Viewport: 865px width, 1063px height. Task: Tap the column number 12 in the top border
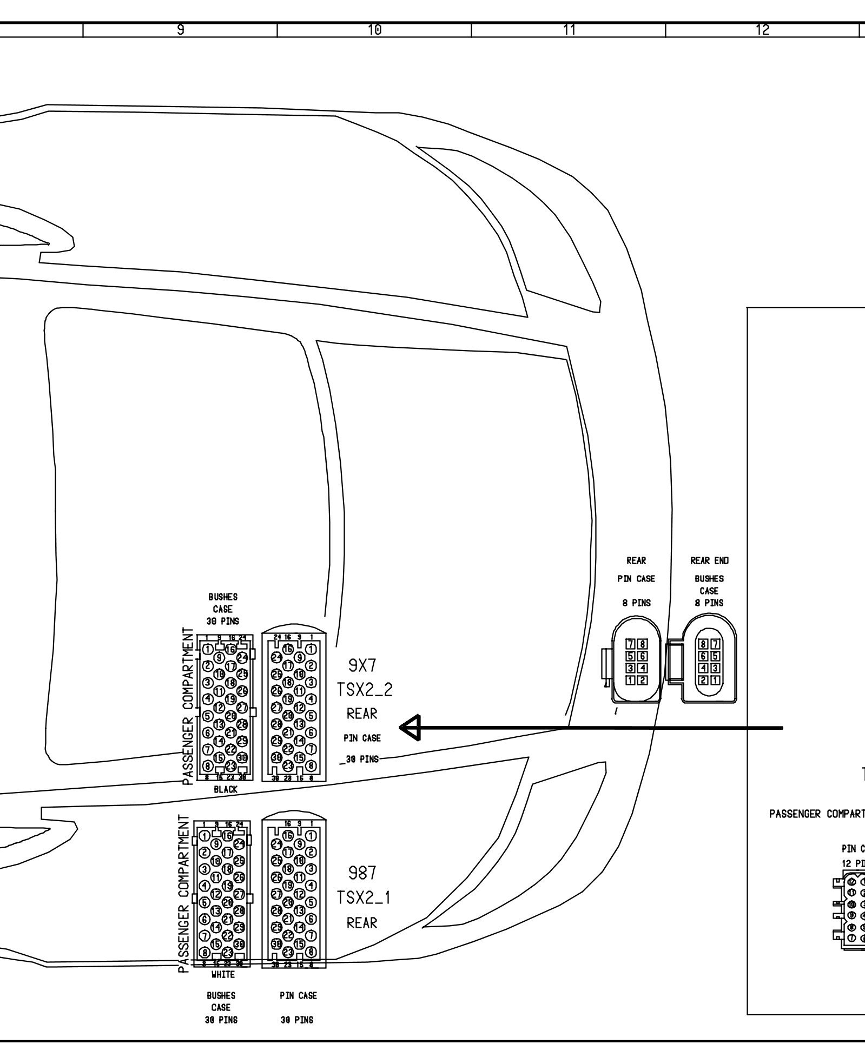coord(763,30)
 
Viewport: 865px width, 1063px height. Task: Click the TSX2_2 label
coord(365,690)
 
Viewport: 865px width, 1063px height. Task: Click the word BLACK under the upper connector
coord(225,789)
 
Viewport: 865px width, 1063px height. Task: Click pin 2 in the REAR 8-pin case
coord(641,680)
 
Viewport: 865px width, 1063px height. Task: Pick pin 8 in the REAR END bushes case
coord(703,644)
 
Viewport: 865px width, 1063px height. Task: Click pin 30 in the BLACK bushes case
coord(242,757)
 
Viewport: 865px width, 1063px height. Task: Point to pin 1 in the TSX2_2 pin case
coord(311,649)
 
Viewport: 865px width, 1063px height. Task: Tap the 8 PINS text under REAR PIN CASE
coord(636,603)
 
